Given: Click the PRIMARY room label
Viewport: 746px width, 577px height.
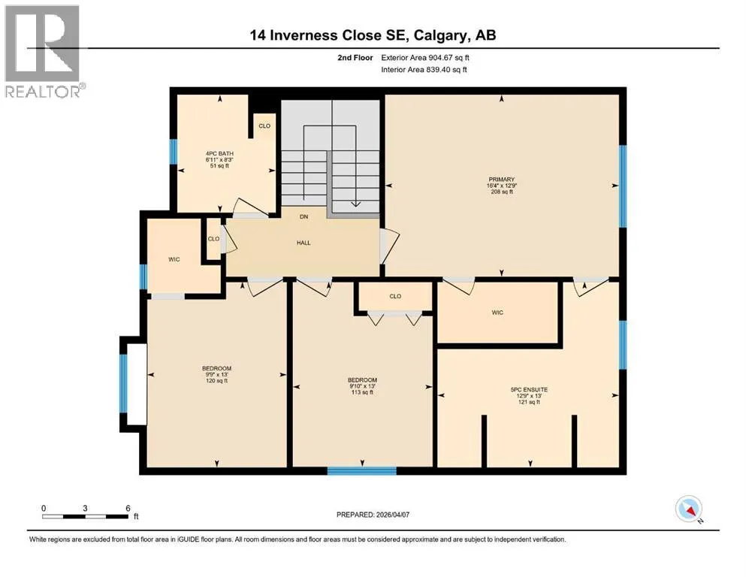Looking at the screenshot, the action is click(x=501, y=180).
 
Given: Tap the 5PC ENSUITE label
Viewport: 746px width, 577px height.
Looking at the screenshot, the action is click(x=529, y=390).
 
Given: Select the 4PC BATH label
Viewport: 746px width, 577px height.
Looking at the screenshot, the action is click(x=219, y=154).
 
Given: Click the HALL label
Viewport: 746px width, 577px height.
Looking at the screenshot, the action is click(x=304, y=243).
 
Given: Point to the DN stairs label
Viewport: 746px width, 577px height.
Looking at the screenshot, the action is click(x=304, y=216).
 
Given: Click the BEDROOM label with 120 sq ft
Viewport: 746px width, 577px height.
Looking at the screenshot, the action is click(x=216, y=368).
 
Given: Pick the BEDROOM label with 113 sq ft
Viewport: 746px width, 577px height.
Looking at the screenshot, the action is click(x=362, y=380).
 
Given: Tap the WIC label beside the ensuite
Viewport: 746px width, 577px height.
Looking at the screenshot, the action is click(x=497, y=313).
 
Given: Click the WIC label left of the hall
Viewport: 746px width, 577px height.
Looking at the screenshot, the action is click(x=174, y=259).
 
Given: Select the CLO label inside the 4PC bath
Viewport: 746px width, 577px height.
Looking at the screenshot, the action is click(x=264, y=126).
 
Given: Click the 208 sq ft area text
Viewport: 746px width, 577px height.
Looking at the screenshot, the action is click(x=501, y=192).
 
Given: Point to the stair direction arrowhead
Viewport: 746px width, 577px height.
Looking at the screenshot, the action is click(x=355, y=204).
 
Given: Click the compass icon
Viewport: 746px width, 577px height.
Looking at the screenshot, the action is click(x=688, y=509).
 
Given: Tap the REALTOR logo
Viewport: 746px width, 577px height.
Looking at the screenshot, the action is click(x=45, y=51).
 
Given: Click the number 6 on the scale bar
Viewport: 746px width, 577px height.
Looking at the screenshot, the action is click(x=128, y=508).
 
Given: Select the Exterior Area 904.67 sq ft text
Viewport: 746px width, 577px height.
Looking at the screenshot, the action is click(x=425, y=58).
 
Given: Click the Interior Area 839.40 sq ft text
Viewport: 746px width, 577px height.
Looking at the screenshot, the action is click(x=424, y=69).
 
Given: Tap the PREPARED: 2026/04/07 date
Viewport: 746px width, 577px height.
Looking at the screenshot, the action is click(x=373, y=515).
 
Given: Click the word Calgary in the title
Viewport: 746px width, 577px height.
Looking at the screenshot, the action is click(x=440, y=35).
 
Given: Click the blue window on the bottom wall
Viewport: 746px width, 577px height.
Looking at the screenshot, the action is click(x=361, y=471).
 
